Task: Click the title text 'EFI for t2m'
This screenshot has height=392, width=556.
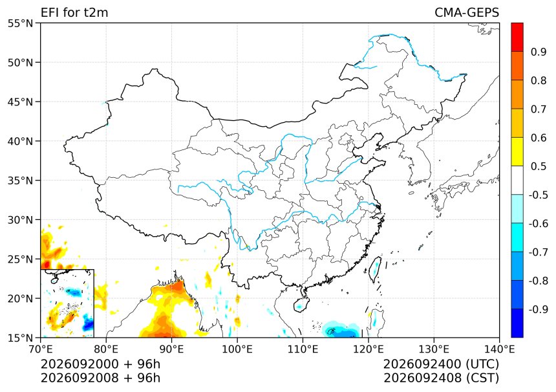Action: (x=74, y=12)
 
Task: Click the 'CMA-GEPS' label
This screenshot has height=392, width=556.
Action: (x=467, y=12)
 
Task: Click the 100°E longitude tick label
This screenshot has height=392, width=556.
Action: (x=237, y=349)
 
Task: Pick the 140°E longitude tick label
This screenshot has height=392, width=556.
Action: (x=499, y=349)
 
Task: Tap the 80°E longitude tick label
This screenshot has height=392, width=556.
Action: (x=106, y=349)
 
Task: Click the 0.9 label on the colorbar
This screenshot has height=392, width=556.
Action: (x=539, y=52)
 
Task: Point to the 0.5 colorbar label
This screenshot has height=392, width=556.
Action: (x=539, y=166)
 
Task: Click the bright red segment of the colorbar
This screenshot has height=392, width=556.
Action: (x=517, y=38)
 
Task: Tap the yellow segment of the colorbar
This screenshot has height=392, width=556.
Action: (x=517, y=152)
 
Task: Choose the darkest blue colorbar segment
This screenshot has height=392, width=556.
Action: (x=517, y=323)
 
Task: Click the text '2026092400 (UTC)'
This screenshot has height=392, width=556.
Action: (x=441, y=364)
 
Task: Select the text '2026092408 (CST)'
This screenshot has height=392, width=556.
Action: (x=441, y=378)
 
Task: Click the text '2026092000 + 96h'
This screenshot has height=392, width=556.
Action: (x=100, y=364)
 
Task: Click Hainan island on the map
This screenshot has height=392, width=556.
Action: (x=300, y=305)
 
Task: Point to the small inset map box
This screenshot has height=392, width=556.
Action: (x=67, y=303)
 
